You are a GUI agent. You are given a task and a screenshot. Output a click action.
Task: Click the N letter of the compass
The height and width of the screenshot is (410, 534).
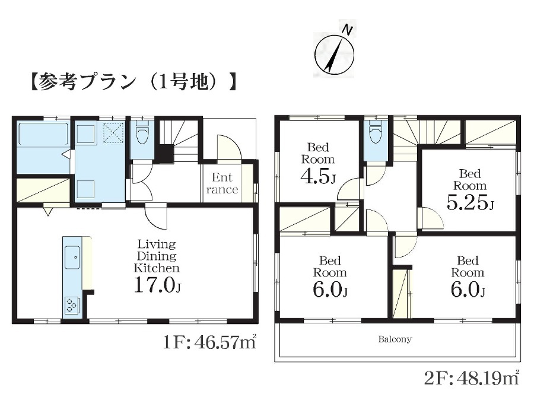pos(347,30)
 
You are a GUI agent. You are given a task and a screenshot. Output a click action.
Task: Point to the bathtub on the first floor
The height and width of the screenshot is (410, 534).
pos(43,134)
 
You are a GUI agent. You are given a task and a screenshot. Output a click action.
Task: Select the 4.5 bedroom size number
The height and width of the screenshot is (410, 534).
pos(316,176)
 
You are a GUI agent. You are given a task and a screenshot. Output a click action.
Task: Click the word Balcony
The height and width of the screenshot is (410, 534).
pos(395,339)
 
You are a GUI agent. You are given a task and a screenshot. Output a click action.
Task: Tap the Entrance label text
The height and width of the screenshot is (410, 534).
pos(222,183)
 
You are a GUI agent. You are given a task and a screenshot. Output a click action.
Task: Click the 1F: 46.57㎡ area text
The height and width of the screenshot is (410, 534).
pos(209,342)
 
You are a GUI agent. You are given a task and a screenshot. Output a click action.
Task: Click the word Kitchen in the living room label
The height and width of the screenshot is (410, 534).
pos(156,268)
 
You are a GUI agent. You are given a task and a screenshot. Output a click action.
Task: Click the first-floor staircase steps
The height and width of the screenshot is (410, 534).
pos(179,140)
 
